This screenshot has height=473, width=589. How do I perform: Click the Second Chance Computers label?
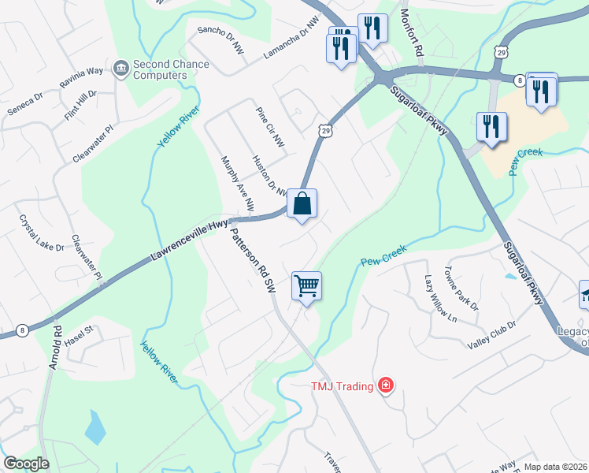[160, 69]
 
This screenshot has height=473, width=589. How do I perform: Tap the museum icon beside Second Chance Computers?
[121, 69]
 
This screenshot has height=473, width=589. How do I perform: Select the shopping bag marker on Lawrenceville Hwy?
[302, 204]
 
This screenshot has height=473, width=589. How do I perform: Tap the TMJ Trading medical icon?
[386, 385]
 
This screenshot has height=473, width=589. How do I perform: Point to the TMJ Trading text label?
[343, 385]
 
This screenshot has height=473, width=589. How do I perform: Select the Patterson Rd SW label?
[250, 261]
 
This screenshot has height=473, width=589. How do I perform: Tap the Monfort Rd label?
[409, 32]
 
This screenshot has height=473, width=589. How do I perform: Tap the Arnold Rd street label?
[55, 346]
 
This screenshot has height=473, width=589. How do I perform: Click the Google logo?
[26, 463]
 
